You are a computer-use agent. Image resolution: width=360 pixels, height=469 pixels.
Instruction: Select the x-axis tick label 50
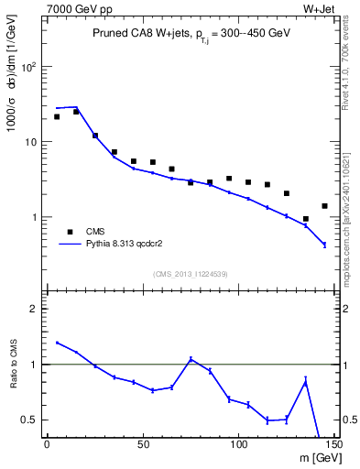tap(142, 445)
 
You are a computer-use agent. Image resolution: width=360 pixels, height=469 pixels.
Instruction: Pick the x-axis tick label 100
tap(238, 445)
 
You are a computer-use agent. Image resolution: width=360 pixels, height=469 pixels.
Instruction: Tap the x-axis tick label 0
tap(47, 445)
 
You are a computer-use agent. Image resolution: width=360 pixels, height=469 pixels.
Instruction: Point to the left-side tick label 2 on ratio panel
tap(35, 309)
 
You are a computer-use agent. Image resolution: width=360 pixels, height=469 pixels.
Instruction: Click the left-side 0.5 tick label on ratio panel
tap(29, 420)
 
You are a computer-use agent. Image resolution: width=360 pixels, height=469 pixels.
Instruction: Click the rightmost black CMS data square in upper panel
tap(324, 206)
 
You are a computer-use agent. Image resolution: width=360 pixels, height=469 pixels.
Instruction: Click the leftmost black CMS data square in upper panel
tap(57, 116)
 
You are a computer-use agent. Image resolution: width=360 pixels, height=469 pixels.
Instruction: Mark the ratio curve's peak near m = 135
tap(305, 380)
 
